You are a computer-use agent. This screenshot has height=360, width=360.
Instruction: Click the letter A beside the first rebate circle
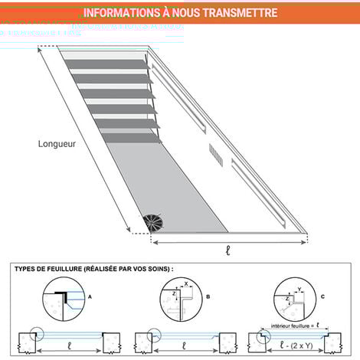[x=90, y=294]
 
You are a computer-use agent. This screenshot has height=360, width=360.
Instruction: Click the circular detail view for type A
[x=66, y=298]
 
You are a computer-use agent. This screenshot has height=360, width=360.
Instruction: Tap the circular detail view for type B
[x=181, y=299]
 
